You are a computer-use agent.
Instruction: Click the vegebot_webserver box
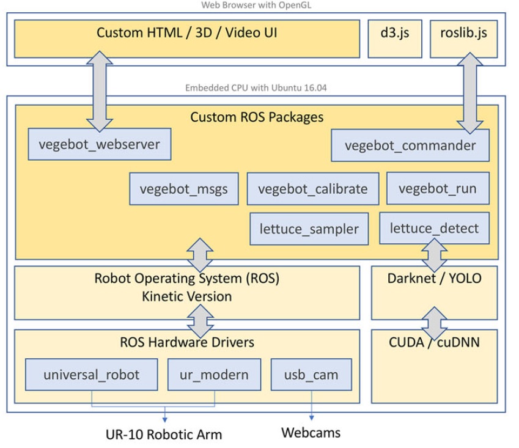tap(99, 145)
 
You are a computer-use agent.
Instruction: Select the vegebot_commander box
tap(410, 145)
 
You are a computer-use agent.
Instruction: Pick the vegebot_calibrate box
tap(312, 188)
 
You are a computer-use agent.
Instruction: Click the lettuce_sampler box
tap(309, 229)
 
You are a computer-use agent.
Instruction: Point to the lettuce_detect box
tap(434, 229)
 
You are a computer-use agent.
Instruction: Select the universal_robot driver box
tap(92, 375)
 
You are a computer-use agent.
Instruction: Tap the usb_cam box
tap(311, 375)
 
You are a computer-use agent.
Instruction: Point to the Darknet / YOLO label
tap(434, 279)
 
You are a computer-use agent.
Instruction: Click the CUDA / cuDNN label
tap(434, 342)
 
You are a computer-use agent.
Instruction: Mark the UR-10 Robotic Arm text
tap(164, 435)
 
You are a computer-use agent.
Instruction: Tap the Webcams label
tap(311, 433)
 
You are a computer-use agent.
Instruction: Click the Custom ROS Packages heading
tap(257, 116)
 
